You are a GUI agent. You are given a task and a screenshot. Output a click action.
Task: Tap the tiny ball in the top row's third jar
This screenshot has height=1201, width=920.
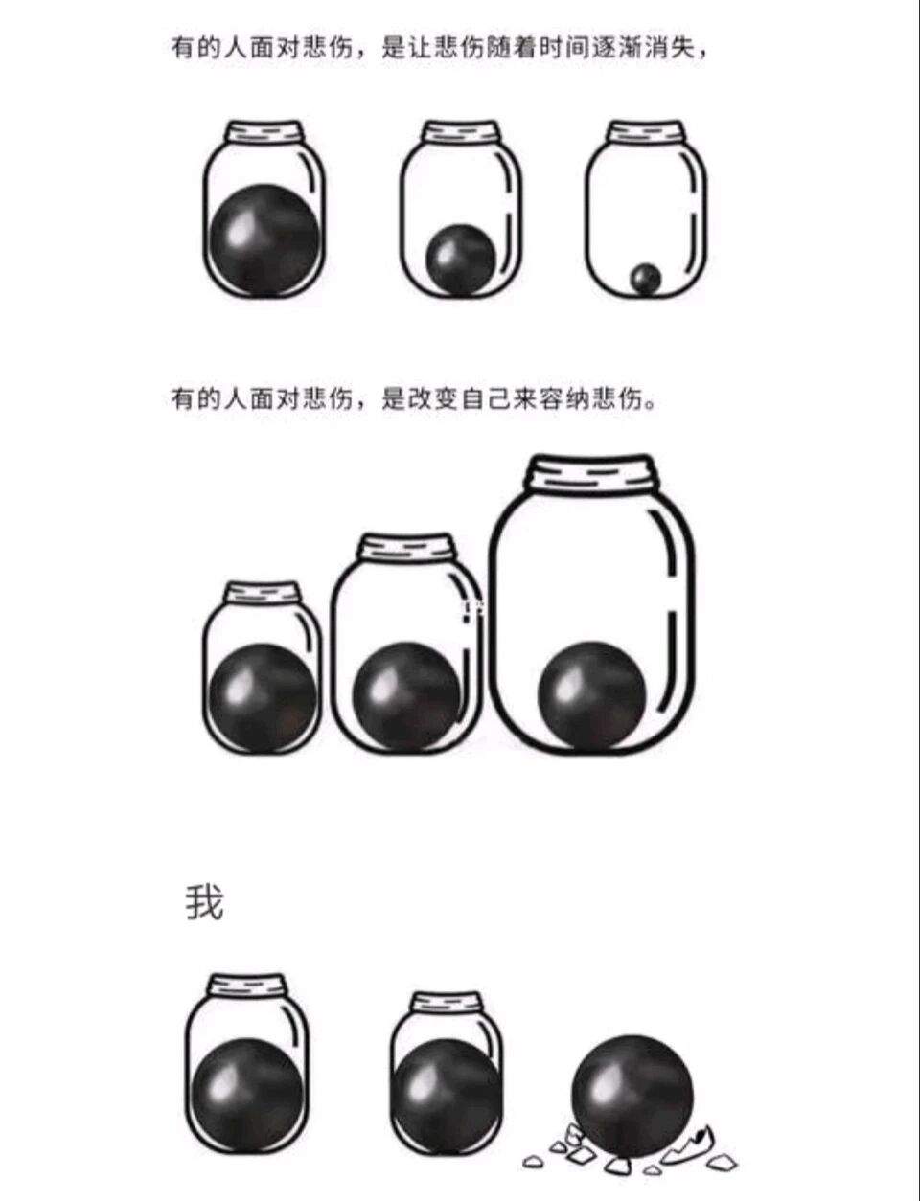pos(646,279)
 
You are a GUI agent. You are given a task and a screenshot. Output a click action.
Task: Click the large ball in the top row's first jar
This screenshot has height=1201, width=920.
pos(265,240)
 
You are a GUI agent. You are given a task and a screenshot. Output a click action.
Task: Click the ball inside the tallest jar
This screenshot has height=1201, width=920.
pos(591,694)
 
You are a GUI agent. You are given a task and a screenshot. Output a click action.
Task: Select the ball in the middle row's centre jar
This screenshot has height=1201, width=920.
pos(406,697)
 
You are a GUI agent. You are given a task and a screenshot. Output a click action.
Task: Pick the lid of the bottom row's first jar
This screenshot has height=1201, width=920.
pos(247,987)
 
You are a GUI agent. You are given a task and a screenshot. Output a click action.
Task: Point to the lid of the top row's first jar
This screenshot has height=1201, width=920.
pos(264,133)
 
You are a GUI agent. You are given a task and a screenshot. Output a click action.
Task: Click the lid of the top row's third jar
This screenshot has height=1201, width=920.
pos(646,133)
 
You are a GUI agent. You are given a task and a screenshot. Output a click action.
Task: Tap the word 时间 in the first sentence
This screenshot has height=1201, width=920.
pos(565,48)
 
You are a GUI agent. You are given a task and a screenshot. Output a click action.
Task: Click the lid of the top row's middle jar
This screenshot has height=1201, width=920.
pos(461,133)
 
